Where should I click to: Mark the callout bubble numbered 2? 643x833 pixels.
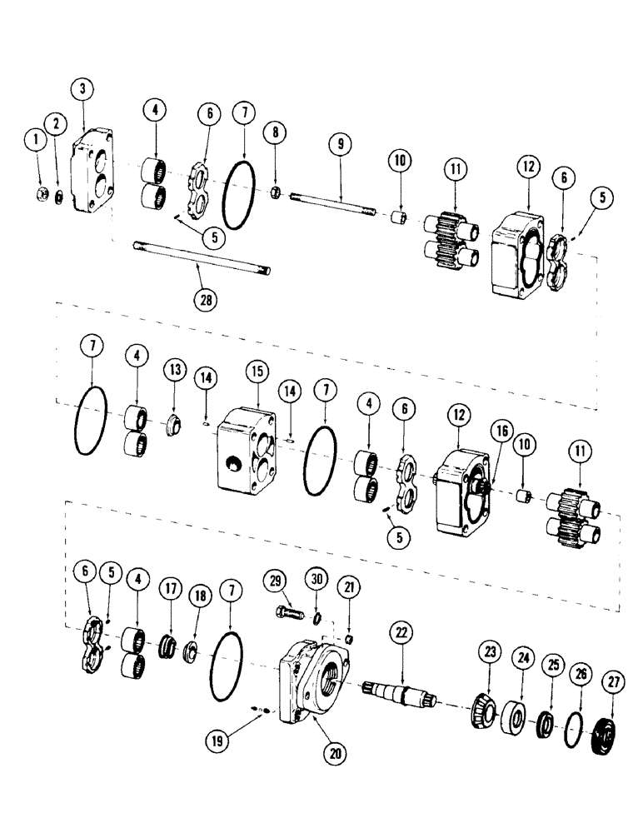click(x=56, y=124)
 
